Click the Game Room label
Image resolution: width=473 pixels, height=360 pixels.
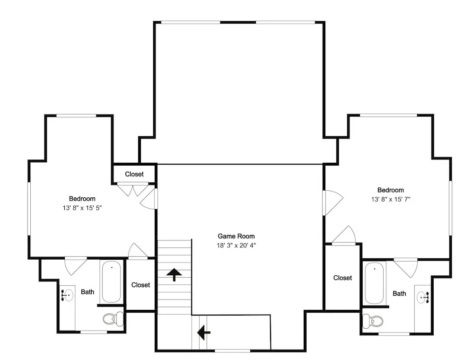(x=236, y=236)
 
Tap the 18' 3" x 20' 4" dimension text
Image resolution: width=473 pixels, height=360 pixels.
(x=236, y=246)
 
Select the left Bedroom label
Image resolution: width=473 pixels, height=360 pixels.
(x=82, y=199)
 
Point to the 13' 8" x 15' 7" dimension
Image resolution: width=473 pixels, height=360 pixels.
(x=391, y=199)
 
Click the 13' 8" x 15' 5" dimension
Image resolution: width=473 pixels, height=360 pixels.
(x=82, y=208)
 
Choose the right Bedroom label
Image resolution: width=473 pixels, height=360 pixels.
(x=391, y=190)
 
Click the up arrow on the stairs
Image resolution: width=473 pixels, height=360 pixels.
(x=174, y=274)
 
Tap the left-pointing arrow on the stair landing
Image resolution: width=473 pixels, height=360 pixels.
(x=203, y=333)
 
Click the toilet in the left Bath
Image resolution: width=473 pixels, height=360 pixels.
(x=113, y=319)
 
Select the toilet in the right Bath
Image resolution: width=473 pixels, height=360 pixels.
(x=373, y=321)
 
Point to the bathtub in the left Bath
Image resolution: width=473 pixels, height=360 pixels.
(x=111, y=282)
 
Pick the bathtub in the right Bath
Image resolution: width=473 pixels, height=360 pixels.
(x=374, y=283)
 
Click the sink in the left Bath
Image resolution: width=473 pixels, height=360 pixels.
(x=68, y=295)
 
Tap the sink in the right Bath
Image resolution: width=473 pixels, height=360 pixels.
(x=422, y=298)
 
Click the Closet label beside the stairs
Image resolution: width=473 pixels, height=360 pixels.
(x=140, y=285)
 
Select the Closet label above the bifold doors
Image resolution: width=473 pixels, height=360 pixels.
(x=134, y=174)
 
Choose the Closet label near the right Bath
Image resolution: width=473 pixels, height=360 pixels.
(x=342, y=278)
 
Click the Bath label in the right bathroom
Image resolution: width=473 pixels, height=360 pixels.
(x=399, y=293)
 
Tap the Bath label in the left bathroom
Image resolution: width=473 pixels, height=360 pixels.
(x=88, y=292)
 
